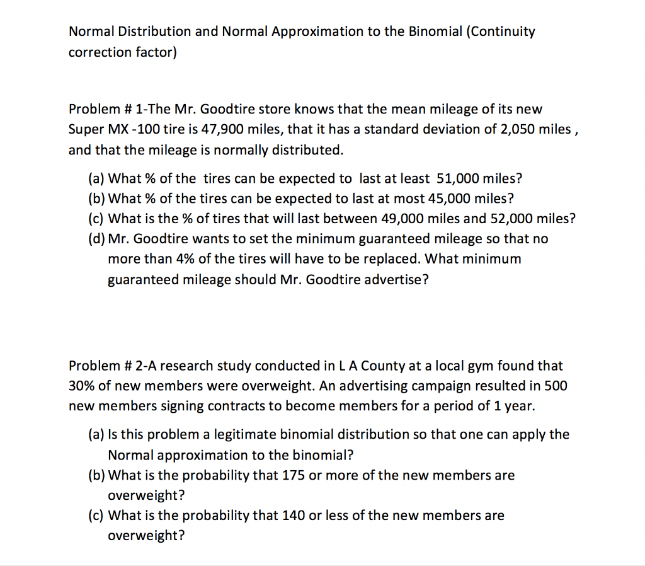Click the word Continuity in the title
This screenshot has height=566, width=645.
[x=501, y=32]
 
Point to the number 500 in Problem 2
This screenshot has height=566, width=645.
[x=555, y=386]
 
